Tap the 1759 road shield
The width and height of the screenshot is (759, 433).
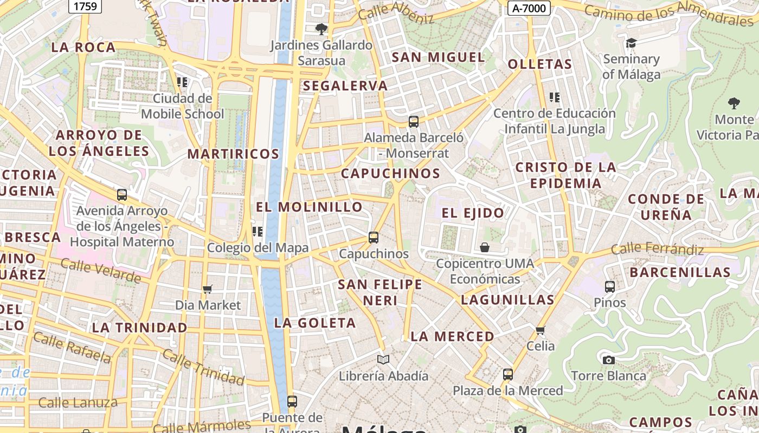(85, 6)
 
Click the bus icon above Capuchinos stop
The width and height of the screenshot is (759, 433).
(373, 237)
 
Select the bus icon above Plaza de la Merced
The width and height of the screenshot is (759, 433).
(507, 374)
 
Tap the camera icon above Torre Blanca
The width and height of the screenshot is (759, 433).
(608, 360)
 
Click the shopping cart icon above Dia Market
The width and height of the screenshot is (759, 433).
(208, 289)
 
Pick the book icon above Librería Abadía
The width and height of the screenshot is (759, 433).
(383, 359)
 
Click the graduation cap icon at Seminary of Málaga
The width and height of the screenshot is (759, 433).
(631, 43)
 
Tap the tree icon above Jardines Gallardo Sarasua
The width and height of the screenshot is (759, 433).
(321, 29)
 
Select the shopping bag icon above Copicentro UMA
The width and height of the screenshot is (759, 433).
(485, 247)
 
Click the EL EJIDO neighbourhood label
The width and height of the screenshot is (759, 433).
(473, 213)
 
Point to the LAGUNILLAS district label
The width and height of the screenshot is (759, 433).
(507, 300)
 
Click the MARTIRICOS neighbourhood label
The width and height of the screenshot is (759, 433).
(233, 154)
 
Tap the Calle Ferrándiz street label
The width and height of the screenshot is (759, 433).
(657, 249)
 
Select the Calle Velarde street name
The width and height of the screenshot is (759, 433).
(101, 271)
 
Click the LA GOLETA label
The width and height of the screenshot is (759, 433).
(315, 323)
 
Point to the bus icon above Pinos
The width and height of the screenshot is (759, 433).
(609, 286)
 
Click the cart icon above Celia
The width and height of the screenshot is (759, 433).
(540, 330)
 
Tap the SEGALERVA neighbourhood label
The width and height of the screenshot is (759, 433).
(345, 86)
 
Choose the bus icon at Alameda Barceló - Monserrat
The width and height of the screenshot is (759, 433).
(413, 122)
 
